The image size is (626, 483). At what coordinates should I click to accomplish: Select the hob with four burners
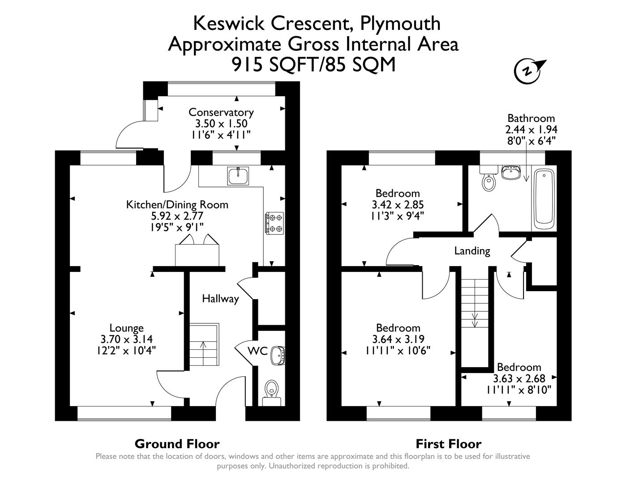274,223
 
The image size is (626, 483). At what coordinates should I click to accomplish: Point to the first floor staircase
475,304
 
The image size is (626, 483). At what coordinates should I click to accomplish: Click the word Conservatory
221,112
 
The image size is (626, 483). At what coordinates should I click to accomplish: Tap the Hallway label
220,299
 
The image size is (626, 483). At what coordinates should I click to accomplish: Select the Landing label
472,251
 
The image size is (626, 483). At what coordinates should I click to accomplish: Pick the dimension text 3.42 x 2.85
398,204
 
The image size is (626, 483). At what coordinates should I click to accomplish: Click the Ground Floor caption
177,444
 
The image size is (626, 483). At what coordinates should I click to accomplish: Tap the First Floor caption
448,444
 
